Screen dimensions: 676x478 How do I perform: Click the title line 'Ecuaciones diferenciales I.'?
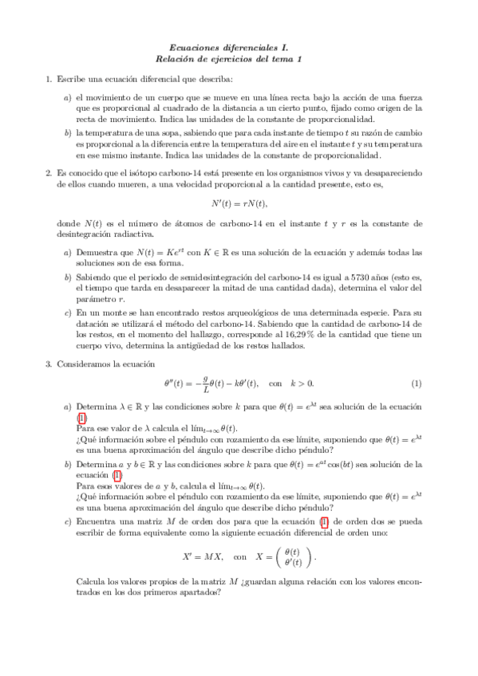click(x=239, y=49)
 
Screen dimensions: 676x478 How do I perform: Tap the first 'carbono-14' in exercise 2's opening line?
click(x=182, y=172)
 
